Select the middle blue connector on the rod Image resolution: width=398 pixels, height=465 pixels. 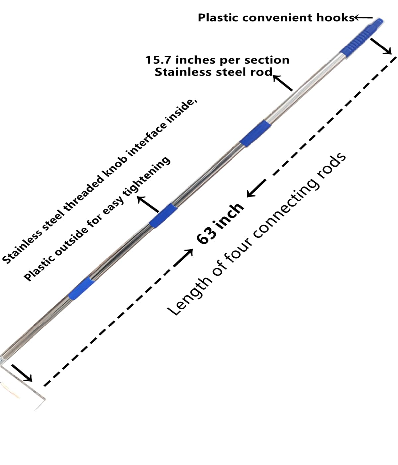click(x=163, y=216)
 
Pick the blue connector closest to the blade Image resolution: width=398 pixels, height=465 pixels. click(x=81, y=288)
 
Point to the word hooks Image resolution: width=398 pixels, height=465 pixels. click(x=336, y=18)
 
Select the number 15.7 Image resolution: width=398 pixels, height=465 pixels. click(x=159, y=60)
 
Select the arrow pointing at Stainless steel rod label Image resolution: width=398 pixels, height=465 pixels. click(x=283, y=83)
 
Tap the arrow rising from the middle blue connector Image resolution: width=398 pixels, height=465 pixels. click(x=148, y=204)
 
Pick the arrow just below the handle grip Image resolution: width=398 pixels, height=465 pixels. click(x=381, y=46)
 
